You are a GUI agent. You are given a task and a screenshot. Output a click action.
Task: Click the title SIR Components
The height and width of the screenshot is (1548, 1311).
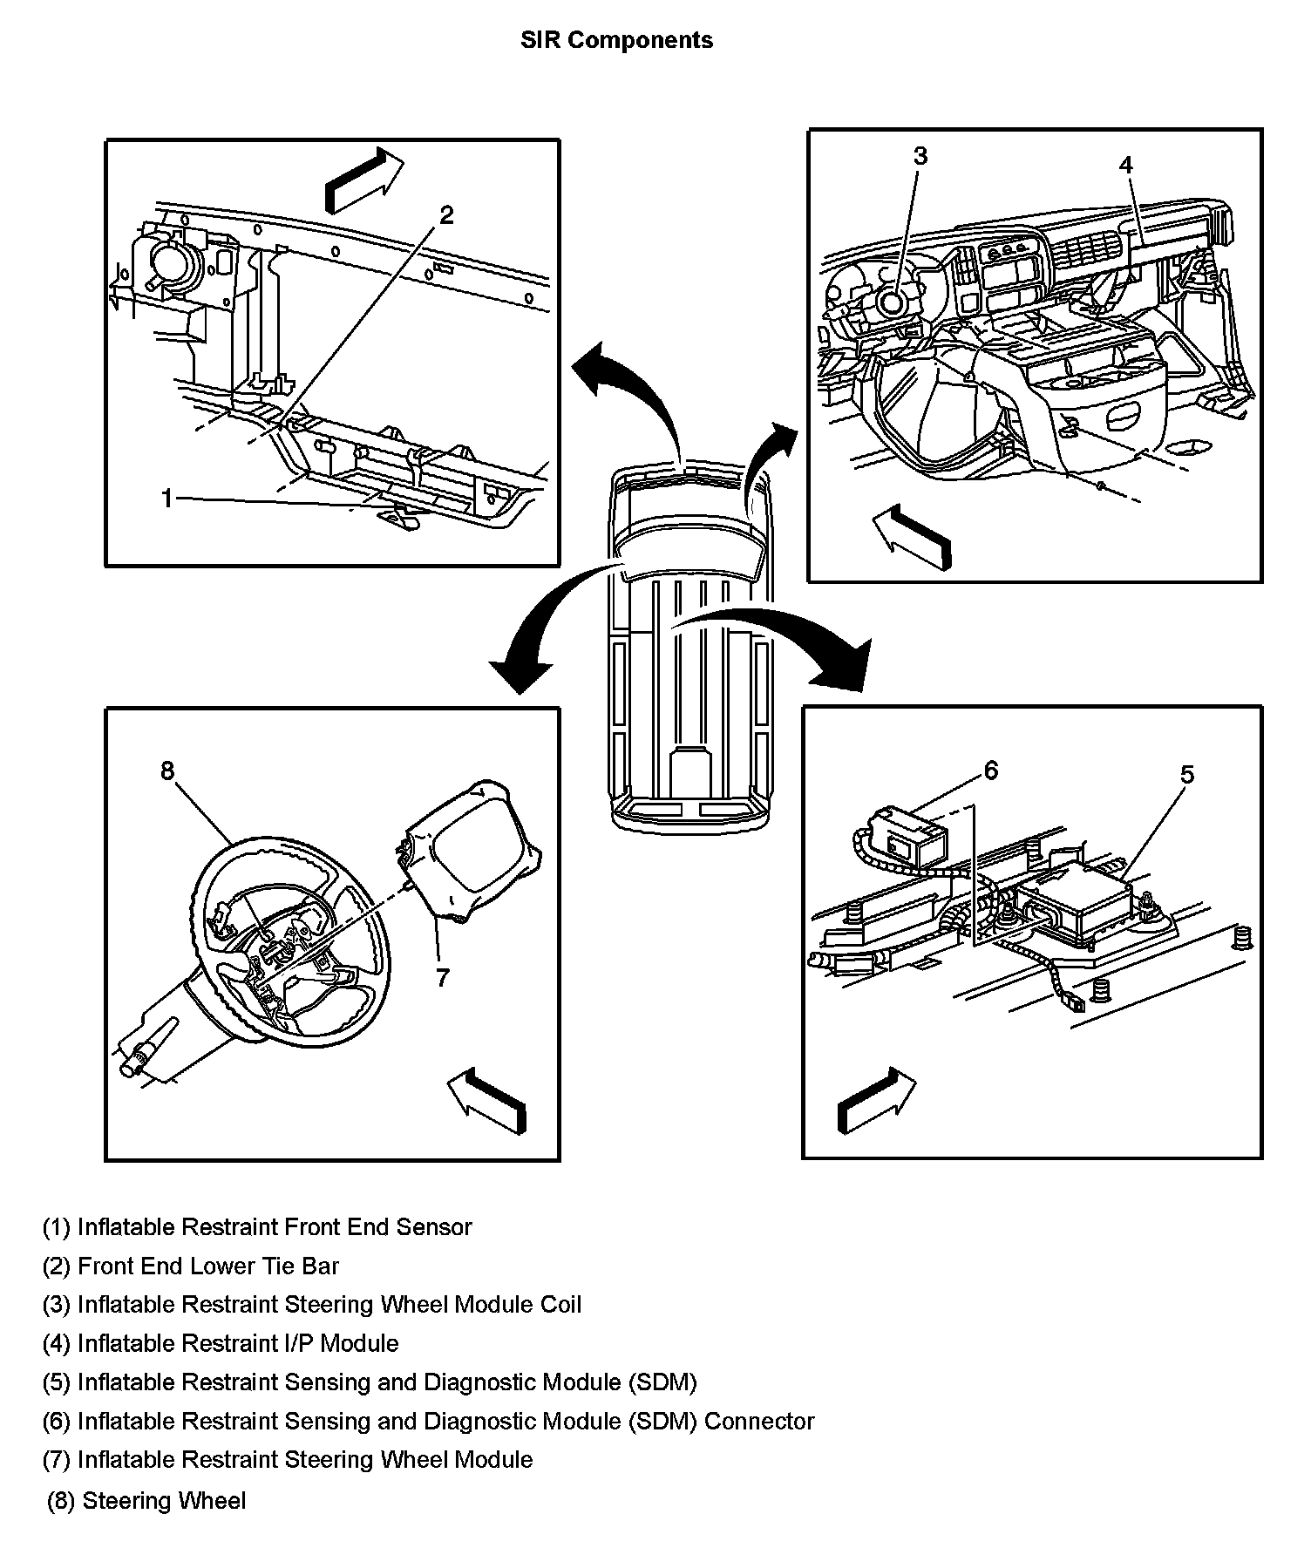tap(616, 40)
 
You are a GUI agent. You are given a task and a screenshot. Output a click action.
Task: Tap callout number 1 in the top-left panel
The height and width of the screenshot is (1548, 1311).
tap(167, 498)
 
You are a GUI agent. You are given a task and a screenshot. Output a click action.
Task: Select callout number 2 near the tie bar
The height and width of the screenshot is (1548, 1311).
tap(446, 214)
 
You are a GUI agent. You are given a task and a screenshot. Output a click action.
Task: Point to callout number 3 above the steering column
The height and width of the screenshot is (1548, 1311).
tap(920, 156)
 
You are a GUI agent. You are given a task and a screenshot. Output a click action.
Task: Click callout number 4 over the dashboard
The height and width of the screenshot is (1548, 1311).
tap(1125, 165)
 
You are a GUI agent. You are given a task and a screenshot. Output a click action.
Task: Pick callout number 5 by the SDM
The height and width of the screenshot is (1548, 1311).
tap(1186, 774)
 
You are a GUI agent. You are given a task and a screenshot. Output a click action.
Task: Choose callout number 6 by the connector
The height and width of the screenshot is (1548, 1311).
tap(990, 770)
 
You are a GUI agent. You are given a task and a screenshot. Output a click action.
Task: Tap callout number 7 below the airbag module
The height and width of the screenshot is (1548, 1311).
tap(443, 978)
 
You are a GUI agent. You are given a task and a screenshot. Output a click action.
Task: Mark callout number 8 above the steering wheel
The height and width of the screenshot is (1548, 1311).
tap(167, 771)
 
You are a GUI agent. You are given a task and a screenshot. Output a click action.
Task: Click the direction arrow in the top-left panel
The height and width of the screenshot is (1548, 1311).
tap(363, 180)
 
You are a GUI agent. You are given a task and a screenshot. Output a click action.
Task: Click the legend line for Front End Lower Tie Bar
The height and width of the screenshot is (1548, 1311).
tap(191, 1266)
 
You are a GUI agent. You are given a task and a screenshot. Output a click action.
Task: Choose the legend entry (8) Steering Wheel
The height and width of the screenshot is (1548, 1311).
tap(146, 1501)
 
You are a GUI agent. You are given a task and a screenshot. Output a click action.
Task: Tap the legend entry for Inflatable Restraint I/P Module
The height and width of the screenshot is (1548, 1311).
tap(221, 1343)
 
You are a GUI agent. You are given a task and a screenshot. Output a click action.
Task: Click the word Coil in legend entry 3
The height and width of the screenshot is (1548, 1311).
tap(554, 1305)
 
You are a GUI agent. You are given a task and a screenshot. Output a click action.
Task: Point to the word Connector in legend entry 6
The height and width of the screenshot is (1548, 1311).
tap(758, 1421)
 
